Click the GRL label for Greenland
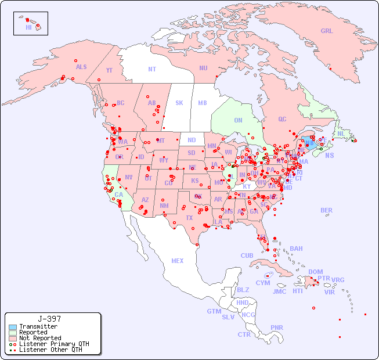327,31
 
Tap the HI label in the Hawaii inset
28,27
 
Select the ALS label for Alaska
81,67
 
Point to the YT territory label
109,70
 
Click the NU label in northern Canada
203,68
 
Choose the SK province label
179,103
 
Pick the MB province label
203,103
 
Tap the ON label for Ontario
238,120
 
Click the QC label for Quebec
282,119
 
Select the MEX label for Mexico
178,261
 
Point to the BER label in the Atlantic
327,210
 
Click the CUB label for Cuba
247,255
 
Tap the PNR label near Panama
277,327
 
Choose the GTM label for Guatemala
214,311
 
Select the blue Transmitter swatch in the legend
13,327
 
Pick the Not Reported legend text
40,338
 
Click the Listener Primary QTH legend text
54,344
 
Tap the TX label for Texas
189,218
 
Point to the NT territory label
152,69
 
